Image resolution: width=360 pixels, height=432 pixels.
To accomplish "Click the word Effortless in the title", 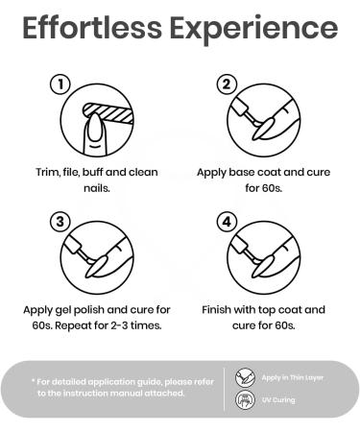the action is tap(92, 27).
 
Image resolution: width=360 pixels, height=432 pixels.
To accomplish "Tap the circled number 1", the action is tap(60, 84).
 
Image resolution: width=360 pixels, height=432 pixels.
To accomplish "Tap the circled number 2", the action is tap(227, 84).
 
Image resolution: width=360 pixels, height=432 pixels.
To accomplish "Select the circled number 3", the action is tap(60, 222).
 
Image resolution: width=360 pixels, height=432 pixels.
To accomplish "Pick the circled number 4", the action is tap(227, 222).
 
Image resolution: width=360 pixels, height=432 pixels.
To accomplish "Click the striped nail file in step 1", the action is tap(108, 112).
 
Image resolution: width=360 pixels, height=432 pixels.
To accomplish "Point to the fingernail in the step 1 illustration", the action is tap(95, 129).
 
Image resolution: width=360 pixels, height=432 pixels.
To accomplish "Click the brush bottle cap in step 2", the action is tap(239, 106).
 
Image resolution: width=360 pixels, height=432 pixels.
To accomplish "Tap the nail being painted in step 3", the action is tap(97, 265).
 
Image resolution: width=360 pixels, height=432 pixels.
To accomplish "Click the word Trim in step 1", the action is tap(47, 172).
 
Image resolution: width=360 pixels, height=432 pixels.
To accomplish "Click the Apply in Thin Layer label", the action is tap(293, 378).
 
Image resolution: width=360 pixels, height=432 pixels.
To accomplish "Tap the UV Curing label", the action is tap(278, 400).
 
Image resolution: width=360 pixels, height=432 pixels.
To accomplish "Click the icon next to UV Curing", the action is tap(245, 399).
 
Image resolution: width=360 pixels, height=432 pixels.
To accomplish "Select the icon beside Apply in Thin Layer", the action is tap(245, 377).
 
